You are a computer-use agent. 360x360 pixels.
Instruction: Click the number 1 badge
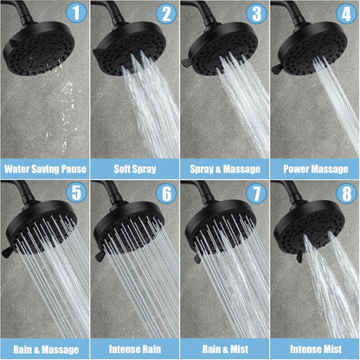point(77,14)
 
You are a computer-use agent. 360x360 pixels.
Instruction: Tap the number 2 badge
point(166,14)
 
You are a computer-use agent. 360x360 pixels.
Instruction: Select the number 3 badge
point(255,14)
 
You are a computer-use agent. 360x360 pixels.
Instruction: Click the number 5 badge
point(77,192)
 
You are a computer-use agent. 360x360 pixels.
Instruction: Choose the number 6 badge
point(166,192)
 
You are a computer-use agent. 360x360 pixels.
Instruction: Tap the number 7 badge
point(255,192)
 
